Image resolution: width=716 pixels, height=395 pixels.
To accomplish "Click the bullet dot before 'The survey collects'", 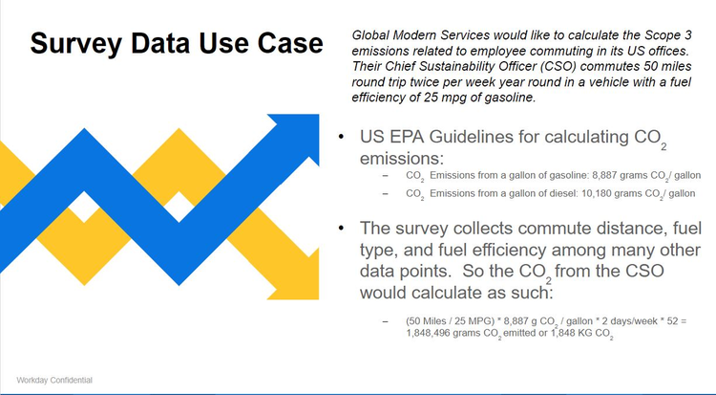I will [342, 229].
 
